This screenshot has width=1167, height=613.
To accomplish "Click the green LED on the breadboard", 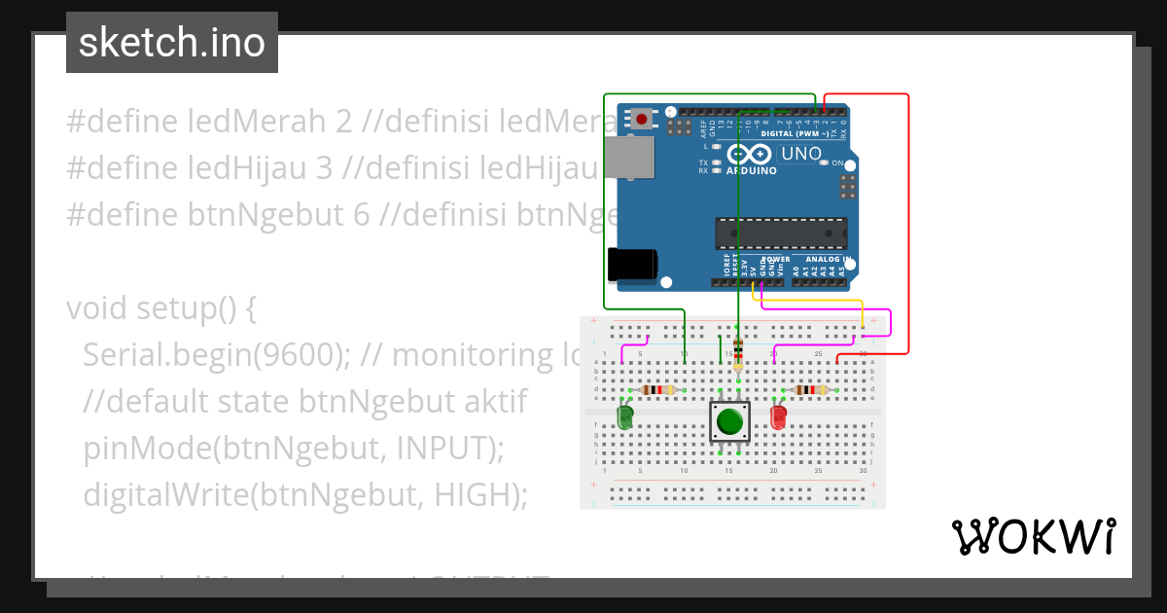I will click(624, 417).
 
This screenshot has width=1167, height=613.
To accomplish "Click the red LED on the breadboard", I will click(778, 417).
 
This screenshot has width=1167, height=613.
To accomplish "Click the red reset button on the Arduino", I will click(642, 120).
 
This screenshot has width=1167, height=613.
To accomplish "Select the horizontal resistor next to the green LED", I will click(658, 390).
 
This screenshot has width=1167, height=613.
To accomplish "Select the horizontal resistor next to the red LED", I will click(810, 390).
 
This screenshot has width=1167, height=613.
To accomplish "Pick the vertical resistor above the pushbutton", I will click(738, 353).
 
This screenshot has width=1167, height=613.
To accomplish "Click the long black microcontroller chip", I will click(781, 234).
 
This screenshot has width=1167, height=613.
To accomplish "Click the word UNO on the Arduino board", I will click(801, 154).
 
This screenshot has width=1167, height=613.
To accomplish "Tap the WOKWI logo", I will click(1033, 536).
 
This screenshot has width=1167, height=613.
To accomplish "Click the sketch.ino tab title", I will click(172, 43).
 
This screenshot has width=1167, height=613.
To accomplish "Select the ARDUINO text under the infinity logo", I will click(752, 171).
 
